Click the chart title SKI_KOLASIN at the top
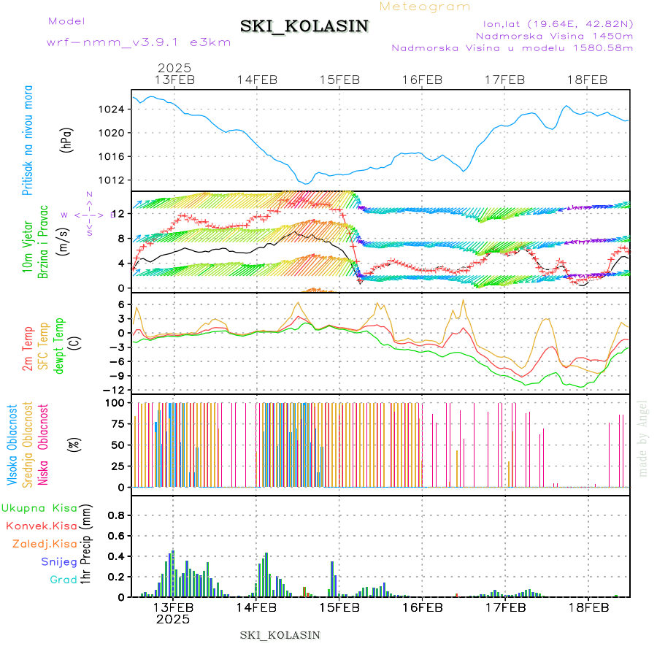(x=304, y=26)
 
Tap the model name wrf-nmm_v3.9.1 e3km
(x=139, y=42)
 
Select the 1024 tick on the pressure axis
(x=114, y=109)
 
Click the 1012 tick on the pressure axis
(x=114, y=180)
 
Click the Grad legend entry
(x=63, y=580)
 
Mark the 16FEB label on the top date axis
(x=422, y=80)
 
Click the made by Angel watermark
(x=642, y=438)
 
